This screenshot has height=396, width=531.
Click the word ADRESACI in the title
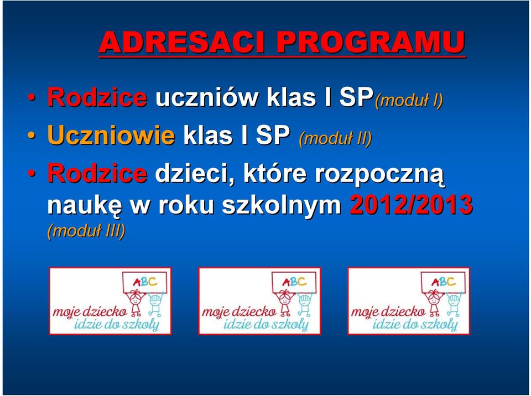181,43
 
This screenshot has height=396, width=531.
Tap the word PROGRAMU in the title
371,43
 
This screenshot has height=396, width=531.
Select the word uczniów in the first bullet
206,97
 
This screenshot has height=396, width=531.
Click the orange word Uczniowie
111,135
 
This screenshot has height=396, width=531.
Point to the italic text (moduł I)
409,101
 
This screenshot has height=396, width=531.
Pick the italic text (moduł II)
335,139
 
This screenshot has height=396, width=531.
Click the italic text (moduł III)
86,231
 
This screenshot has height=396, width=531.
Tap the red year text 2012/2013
411,205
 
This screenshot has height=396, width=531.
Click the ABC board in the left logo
145,282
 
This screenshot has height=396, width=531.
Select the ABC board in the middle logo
294,282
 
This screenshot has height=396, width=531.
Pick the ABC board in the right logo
444,282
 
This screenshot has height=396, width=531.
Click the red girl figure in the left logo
136,302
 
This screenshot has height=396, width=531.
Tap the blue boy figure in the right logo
455,304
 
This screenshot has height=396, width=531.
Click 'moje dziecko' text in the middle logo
239,311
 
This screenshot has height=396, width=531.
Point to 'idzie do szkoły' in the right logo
415,325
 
